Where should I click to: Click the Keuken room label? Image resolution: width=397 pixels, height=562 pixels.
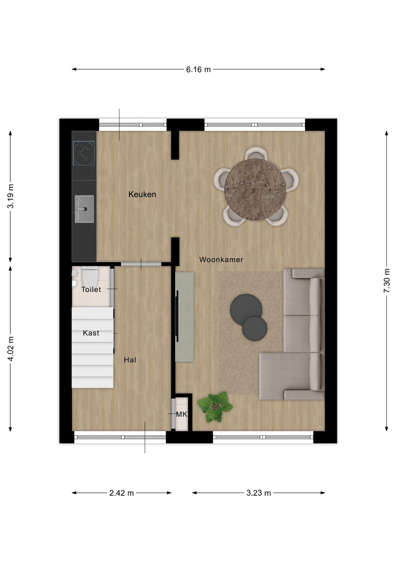(x=142, y=194)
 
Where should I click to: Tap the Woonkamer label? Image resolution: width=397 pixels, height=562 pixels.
(x=221, y=260)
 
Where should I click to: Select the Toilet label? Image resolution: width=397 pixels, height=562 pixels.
(x=91, y=290)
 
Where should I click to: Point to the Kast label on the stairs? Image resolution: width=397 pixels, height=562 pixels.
(x=91, y=333)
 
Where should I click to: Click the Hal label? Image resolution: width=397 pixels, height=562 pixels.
(x=130, y=360)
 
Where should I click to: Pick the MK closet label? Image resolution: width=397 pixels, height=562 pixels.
(x=182, y=414)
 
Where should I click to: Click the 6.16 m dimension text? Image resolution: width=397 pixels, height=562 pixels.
(x=198, y=69)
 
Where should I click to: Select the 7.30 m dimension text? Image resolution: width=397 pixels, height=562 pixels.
(x=387, y=281)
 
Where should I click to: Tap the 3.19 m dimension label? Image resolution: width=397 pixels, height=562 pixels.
(x=11, y=196)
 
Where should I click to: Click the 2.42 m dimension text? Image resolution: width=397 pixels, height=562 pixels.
(x=122, y=493)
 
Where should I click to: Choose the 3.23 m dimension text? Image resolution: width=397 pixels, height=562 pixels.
(x=259, y=493)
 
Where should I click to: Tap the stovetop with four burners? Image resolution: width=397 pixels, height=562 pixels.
(x=84, y=153)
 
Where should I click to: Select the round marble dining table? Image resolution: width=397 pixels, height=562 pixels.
(x=255, y=189)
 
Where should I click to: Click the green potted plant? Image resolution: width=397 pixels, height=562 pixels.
(x=215, y=407)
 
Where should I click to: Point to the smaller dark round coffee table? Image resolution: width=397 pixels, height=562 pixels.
(x=254, y=329)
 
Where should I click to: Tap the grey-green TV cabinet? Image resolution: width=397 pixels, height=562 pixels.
(x=184, y=317)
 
